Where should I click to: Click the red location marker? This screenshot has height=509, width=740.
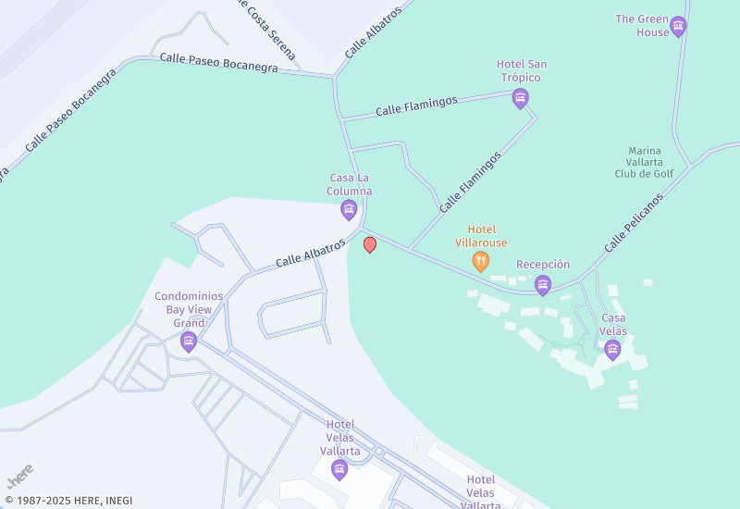pos(370,244)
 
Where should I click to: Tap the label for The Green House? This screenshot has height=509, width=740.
pos(642,25)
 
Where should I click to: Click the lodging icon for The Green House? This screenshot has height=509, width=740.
pos(678,26)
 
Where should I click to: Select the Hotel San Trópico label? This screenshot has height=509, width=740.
pos(522,70)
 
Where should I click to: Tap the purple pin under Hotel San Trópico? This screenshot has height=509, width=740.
pos(521,98)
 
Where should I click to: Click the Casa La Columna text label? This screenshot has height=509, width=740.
pos(349,184)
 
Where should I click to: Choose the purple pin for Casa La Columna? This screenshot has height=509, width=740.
pos(349,210)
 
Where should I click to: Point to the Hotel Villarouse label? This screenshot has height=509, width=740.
pos(481,236)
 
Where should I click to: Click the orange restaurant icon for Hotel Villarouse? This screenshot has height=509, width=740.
pos(480,261)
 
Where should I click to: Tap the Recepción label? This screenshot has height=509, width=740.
pos(543,265)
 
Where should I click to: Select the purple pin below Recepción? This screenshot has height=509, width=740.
pos(543,285)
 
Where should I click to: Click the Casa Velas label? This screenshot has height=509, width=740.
pos(612,324)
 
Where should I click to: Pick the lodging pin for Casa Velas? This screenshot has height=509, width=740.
pos(611,349)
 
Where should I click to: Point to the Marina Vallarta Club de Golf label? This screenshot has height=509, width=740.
pos(645,162)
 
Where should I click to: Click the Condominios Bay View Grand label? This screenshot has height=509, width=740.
pos(189,310)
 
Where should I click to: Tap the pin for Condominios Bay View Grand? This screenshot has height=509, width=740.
pos(189,342)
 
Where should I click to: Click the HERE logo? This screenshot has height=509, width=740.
pos(19,477)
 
